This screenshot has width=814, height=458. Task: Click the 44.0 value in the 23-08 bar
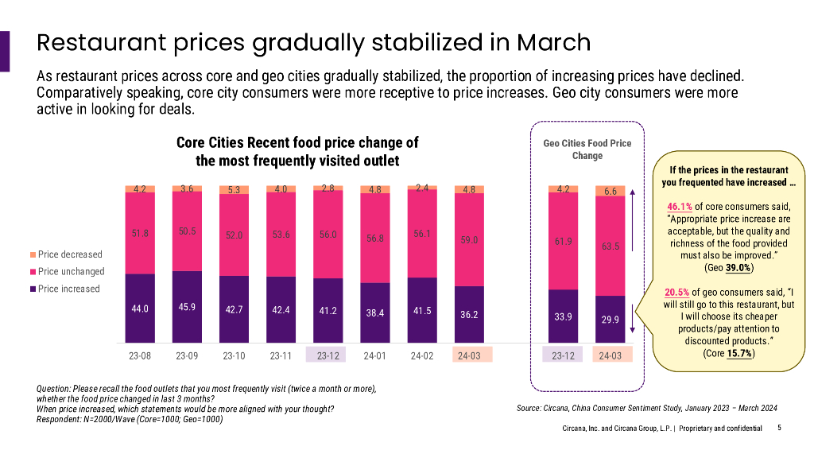pyautogui.click(x=140, y=309)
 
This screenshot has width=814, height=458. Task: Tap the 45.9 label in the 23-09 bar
pyautogui.click(x=187, y=306)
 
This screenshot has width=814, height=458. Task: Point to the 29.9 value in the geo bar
pyautogui.click(x=610, y=319)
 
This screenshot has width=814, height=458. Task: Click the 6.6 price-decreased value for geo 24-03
pyautogui.click(x=610, y=192)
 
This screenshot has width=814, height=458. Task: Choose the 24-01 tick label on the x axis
pyautogui.click(x=375, y=355)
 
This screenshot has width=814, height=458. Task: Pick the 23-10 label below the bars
pyautogui.click(x=234, y=355)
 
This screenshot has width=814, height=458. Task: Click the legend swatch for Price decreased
pyautogui.click(x=33, y=254)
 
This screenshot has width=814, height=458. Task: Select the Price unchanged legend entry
pyautogui.click(x=70, y=272)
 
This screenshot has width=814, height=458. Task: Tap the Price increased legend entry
pyautogui.click(x=68, y=289)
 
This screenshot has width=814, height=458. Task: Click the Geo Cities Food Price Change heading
pyautogui.click(x=587, y=149)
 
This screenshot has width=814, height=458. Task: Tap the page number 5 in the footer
pyautogui.click(x=779, y=428)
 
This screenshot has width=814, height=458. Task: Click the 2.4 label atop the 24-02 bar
pyautogui.click(x=422, y=188)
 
